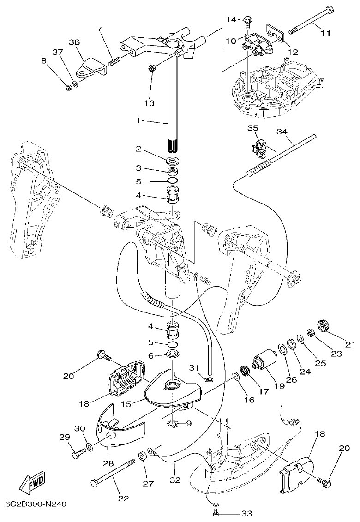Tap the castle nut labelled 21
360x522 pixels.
(323, 326)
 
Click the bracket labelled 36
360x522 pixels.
(92, 67)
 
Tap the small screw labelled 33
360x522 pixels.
(216, 512)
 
